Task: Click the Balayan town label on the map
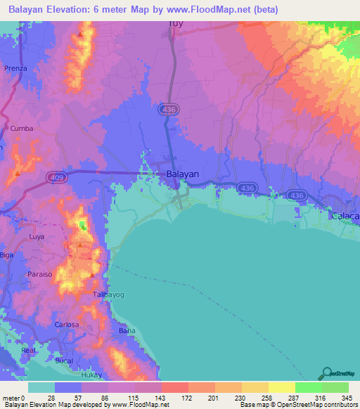pyautogui.click(x=182, y=174)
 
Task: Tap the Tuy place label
pyautogui.click(x=176, y=23)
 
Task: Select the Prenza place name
pyautogui.click(x=15, y=68)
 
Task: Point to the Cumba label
pyautogui.click(x=22, y=129)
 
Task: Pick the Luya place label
pyautogui.click(x=37, y=237)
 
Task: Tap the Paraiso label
pyautogui.click(x=40, y=275)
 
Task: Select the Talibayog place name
pyautogui.click(x=108, y=295)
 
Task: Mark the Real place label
pyautogui.click(x=28, y=349)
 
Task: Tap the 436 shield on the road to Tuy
pyautogui.click(x=173, y=110)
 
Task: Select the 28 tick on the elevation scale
pyautogui.click(x=51, y=397)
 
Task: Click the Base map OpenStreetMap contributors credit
pyautogui.click(x=296, y=404)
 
